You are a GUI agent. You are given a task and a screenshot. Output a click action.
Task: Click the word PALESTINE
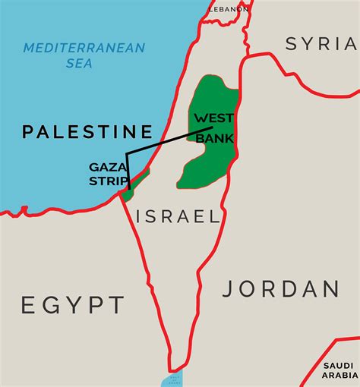[x=87, y=132]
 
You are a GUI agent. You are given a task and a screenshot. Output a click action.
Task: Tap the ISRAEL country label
[x=178, y=216]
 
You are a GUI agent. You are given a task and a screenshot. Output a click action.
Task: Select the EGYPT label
[x=72, y=305]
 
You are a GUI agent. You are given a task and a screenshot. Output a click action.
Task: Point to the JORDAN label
[x=280, y=289]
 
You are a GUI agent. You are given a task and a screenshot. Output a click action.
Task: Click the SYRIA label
[x=320, y=45]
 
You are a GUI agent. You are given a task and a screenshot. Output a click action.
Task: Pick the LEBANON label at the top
[x=229, y=8]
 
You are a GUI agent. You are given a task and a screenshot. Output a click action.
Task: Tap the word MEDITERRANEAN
[x=84, y=49]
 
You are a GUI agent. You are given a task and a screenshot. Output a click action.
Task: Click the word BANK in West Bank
[x=216, y=138]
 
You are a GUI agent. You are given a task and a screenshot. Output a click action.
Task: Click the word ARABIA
[x=339, y=375]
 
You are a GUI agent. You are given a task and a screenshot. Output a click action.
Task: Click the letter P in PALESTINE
[x=27, y=132]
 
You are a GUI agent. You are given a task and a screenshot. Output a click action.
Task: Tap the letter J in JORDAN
[x=229, y=289]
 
